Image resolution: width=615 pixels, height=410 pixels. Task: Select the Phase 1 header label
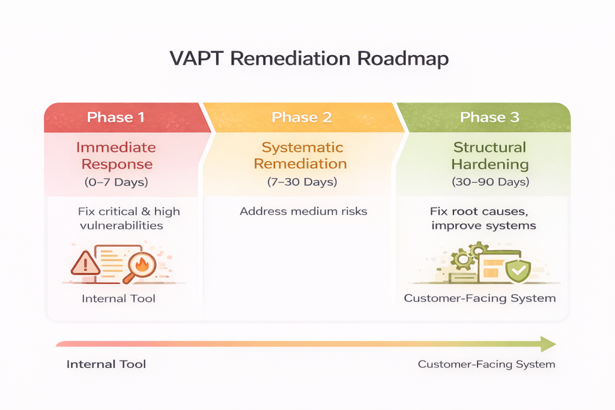point(116,117)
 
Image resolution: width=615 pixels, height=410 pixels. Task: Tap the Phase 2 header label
point(301,117)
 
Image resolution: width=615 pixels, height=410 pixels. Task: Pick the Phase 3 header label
point(489,117)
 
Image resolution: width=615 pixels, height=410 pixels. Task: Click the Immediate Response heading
point(117,155)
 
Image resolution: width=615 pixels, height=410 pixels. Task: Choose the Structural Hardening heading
point(489,155)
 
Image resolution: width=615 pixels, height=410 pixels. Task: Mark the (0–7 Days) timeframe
point(117,181)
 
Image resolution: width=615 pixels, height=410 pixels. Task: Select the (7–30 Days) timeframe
point(302,181)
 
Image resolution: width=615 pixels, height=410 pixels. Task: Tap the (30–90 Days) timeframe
point(489,181)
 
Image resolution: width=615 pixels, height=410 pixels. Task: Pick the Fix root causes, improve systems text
point(482,219)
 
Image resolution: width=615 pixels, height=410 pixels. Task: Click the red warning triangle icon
point(85,263)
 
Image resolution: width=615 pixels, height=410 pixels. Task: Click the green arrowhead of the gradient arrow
point(547,344)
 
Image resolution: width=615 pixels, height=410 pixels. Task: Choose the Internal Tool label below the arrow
point(106,364)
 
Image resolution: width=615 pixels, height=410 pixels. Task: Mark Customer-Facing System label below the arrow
point(486,364)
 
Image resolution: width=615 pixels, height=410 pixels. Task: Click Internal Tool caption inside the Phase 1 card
point(118,298)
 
